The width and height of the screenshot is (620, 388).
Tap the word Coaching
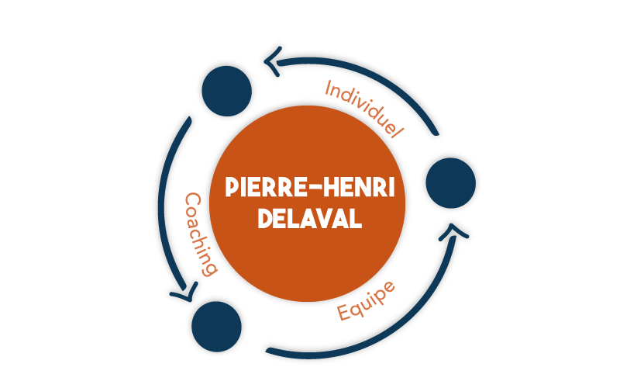click(x=201, y=234)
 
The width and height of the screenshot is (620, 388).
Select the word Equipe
click(x=366, y=301)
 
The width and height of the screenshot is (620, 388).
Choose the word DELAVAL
click(x=310, y=218)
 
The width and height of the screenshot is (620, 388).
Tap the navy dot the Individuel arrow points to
click(x=226, y=91)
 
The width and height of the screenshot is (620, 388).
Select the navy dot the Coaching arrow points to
click(x=216, y=326)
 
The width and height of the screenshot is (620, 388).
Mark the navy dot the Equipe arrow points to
click(x=451, y=183)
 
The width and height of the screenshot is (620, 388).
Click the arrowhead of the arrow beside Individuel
click(x=273, y=62)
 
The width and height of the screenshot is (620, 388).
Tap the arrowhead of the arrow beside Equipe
click(x=453, y=233)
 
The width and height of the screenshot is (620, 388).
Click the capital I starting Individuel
click(x=328, y=88)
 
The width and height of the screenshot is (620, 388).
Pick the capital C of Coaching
click(x=193, y=201)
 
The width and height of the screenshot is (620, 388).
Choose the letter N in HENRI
click(x=362, y=187)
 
